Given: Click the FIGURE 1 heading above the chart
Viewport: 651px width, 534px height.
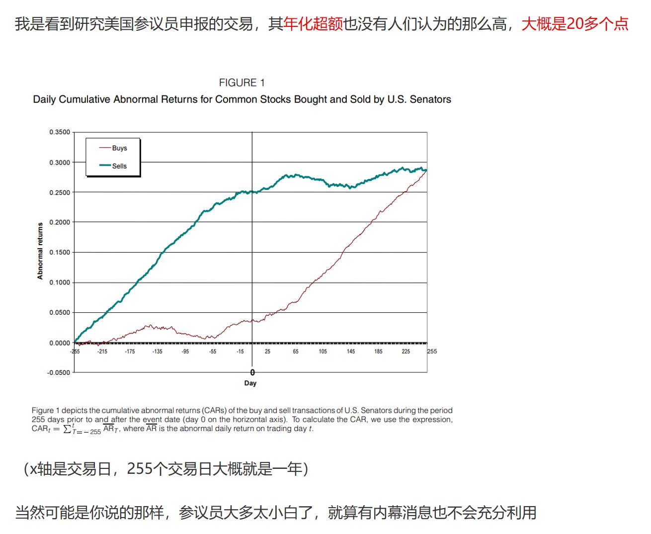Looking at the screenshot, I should tap(242, 83).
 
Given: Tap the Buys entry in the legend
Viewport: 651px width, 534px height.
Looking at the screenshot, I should tap(119, 148).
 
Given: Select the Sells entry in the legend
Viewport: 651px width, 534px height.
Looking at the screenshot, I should tap(119, 166).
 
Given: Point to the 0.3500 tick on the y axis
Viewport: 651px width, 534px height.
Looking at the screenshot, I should tap(60, 132).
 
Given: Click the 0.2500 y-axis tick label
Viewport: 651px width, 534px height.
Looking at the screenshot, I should tap(60, 192).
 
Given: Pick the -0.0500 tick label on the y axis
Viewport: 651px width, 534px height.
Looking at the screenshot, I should tap(59, 373).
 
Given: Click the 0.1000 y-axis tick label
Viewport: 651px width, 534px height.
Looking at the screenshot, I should tap(60, 282).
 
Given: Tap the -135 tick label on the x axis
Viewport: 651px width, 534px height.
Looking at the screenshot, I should tap(157, 352).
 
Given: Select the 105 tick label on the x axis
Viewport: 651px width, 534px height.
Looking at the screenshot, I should tap(323, 352).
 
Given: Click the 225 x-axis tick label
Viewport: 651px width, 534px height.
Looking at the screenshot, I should tap(406, 352).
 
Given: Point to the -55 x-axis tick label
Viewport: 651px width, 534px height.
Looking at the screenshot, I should tap(212, 352).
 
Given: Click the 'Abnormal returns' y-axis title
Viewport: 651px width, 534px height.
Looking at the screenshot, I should tap(40, 251).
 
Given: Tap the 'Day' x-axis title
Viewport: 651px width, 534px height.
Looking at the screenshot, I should tap(250, 383).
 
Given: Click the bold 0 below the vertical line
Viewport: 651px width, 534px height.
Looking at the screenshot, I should tap(252, 372).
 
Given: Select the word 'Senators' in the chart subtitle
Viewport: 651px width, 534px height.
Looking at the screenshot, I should tap(430, 99).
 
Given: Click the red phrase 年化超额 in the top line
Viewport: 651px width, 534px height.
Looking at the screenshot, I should tap(313, 23).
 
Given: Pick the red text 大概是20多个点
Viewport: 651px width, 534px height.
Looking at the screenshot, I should tap(575, 23).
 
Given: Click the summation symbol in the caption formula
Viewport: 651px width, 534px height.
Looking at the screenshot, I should tap(68, 429).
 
